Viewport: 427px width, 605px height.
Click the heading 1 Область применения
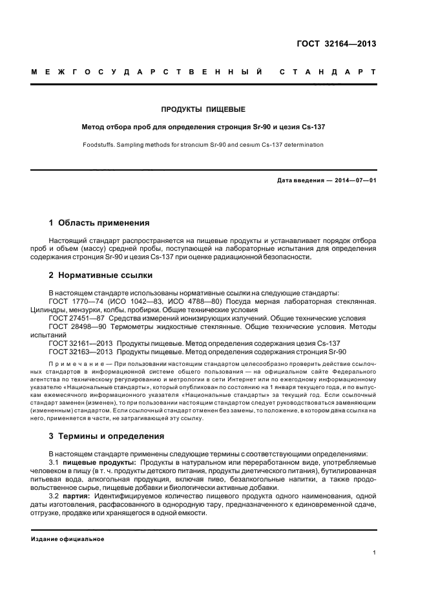(99, 223)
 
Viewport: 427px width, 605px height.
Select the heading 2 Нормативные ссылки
(101, 275)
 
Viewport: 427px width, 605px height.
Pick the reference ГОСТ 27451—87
(72, 319)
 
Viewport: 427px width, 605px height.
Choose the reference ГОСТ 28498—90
(72, 327)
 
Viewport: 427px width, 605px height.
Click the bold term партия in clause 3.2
(76, 496)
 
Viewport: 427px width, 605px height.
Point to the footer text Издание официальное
(68, 538)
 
